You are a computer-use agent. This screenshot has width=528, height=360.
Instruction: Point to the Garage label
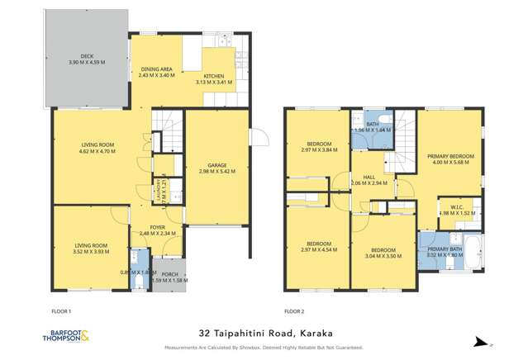(x=217, y=165)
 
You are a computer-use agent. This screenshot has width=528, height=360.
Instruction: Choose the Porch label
(x=169, y=274)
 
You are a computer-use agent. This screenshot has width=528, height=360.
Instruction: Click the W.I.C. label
(x=450, y=207)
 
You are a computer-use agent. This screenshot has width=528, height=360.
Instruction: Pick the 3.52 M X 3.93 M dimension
(x=91, y=252)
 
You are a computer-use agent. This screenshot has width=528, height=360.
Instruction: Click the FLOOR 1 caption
(x=61, y=311)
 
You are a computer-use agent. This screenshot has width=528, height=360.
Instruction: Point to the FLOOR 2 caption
(x=294, y=311)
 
